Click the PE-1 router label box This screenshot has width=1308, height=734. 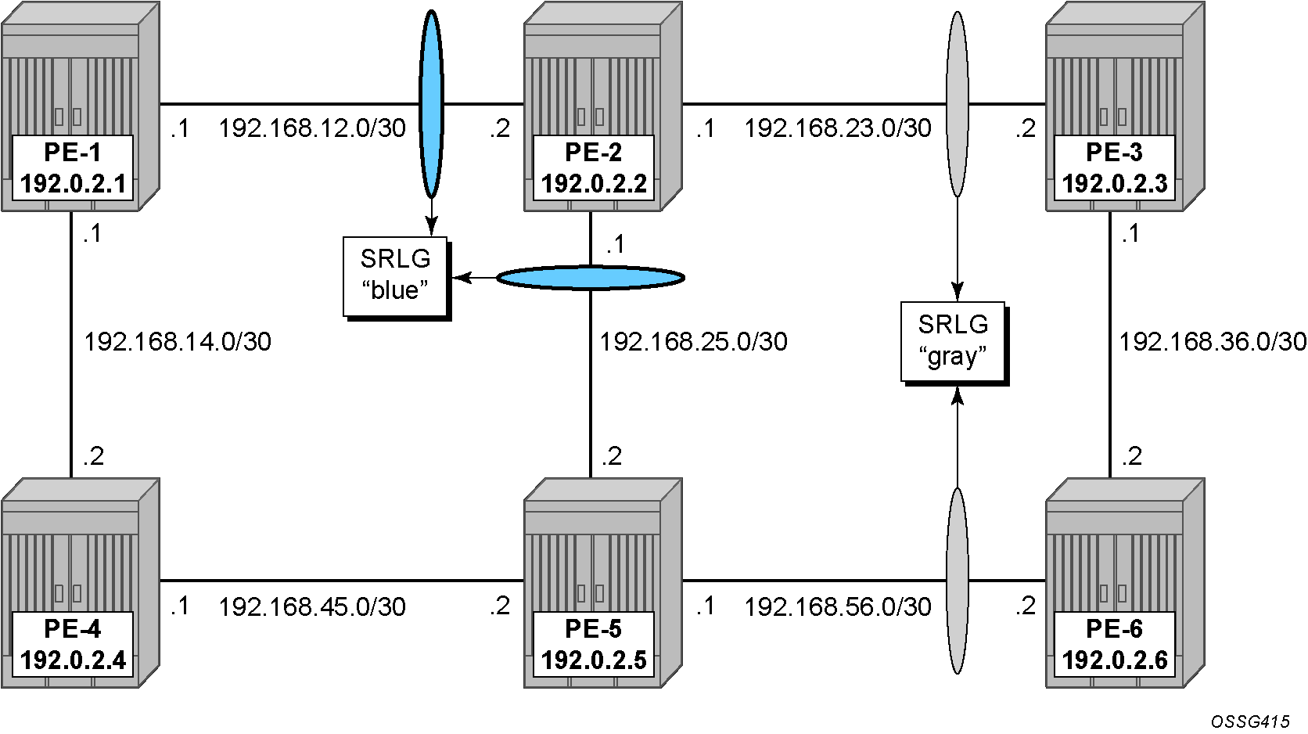[x=73, y=167]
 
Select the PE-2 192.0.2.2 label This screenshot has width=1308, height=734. [x=593, y=167]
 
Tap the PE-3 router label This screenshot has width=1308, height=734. [x=1114, y=167]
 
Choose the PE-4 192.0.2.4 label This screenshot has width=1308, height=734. [x=73, y=644]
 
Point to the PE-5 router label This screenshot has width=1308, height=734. [x=593, y=644]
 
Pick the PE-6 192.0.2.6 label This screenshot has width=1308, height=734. [x=1114, y=644]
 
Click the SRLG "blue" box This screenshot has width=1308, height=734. [x=396, y=277]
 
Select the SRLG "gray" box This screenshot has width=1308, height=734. [x=954, y=343]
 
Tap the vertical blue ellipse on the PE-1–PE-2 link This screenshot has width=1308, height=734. [x=431, y=105]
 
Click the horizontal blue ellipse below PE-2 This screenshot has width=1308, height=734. [x=591, y=278]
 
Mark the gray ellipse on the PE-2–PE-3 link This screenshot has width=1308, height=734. [x=957, y=105]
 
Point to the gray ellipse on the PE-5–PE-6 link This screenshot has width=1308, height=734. [x=957, y=581]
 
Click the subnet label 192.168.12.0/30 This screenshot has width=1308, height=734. [x=312, y=128]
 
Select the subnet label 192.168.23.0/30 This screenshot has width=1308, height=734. [x=837, y=128]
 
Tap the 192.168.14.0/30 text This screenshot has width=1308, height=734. [x=178, y=342]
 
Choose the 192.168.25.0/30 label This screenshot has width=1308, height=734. [x=694, y=342]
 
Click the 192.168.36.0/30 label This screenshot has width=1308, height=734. [x=1213, y=342]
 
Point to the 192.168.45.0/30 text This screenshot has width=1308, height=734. [x=312, y=606]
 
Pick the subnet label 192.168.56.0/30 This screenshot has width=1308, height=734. [x=837, y=606]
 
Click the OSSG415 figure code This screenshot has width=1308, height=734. [x=1249, y=721]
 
